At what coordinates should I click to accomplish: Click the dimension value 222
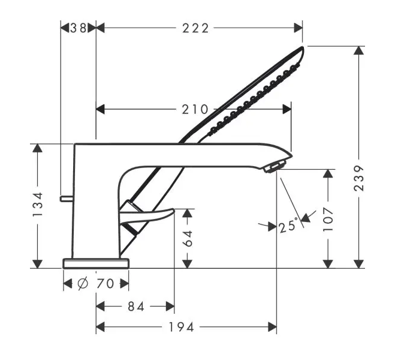(x=195, y=28)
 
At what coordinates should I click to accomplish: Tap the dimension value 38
(x=79, y=28)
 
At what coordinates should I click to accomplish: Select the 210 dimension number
(x=195, y=109)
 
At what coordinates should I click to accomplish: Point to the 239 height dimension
(x=359, y=178)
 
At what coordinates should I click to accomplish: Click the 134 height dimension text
(x=38, y=204)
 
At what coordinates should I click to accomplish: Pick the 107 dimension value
(x=328, y=219)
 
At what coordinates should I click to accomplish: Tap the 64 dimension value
(x=188, y=238)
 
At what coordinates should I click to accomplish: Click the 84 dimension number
(x=136, y=307)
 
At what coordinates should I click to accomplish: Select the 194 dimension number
(x=181, y=327)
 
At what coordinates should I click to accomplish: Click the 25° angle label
(x=288, y=225)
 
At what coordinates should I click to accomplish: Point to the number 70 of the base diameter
(x=105, y=284)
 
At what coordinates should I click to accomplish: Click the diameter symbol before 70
(x=83, y=284)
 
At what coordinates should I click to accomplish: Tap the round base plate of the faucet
(x=96, y=263)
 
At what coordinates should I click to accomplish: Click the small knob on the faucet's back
(x=67, y=199)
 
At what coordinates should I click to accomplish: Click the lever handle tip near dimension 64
(x=173, y=210)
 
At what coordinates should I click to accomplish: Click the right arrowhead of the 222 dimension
(x=298, y=28)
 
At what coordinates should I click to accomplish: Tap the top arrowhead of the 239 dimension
(x=358, y=50)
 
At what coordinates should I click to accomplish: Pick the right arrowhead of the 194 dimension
(x=273, y=327)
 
